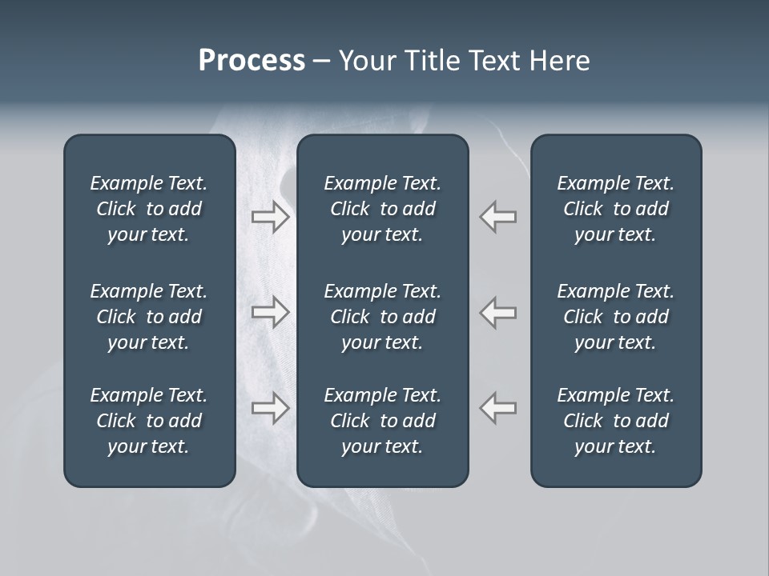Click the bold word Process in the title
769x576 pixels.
[252, 61]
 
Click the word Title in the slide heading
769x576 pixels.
[432, 61]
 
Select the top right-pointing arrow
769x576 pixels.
[271, 217]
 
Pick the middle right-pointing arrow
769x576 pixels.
[271, 312]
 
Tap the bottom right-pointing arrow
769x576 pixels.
[271, 408]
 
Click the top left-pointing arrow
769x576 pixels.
[497, 217]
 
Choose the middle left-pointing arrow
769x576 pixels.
[497, 312]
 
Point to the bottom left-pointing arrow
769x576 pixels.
[497, 408]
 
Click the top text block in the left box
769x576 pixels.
[149, 209]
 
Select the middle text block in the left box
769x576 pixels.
[149, 317]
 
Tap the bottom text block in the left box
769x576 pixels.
[149, 421]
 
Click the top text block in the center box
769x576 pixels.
[383, 209]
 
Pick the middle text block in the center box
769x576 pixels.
[383, 317]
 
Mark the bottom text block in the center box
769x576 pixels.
[383, 421]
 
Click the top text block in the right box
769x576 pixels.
[616, 209]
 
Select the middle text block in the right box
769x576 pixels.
[616, 317]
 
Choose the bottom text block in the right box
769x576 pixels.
[616, 421]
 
